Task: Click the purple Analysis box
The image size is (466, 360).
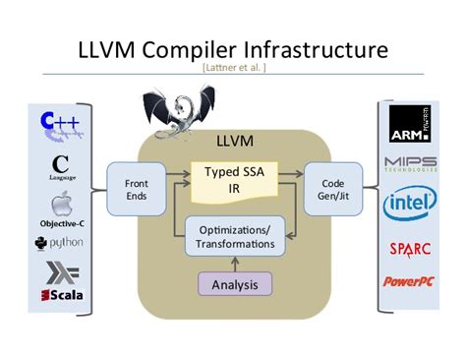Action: (234, 284)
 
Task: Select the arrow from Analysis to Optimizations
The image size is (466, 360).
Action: (234, 264)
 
